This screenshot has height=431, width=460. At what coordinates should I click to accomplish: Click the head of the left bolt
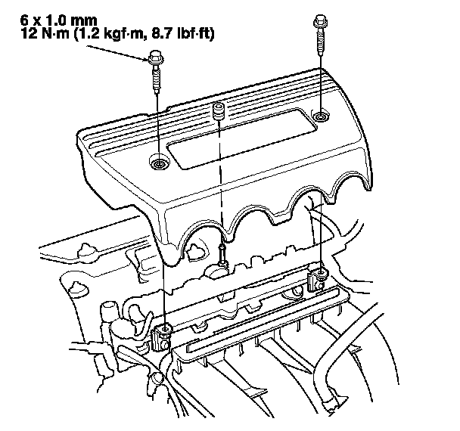point(156,59)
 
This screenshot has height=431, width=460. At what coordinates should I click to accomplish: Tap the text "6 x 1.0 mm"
point(58,20)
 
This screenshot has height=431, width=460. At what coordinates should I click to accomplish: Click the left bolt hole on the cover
point(159,162)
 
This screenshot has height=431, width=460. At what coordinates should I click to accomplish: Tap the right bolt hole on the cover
point(320,116)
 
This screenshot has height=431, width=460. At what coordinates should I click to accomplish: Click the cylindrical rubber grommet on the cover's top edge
point(218,111)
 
